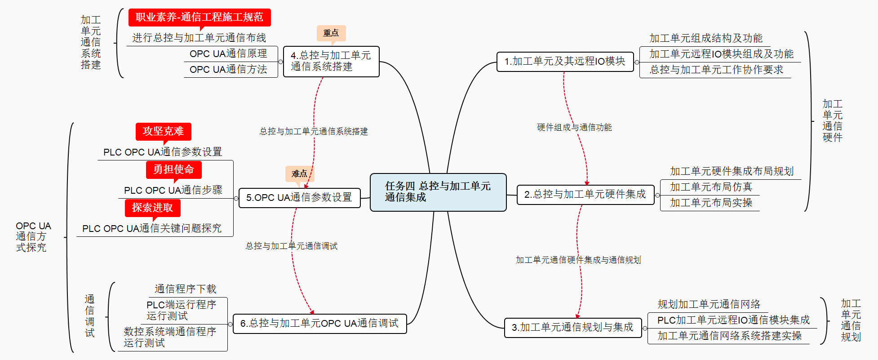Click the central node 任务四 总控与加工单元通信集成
coord(438,192)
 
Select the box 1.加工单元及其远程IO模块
coord(565,62)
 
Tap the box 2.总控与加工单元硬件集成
coord(585,195)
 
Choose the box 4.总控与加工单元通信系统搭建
coord(331,61)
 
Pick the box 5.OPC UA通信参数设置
coord(299,198)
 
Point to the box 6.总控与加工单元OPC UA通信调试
coord(319,324)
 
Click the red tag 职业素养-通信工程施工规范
coord(200,17)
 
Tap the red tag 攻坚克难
coord(163,131)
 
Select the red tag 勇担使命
coord(173,169)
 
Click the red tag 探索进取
coord(152,208)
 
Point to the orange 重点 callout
coord(331,33)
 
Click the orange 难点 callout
coord(299,173)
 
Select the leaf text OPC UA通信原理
coord(228,54)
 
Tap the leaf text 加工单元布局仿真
coord(711,187)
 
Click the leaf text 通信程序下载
coord(186,289)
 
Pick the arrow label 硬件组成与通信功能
coord(574,128)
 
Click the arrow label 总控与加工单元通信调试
coord(291,246)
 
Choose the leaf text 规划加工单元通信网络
coord(709,305)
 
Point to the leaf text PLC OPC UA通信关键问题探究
coord(152,229)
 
